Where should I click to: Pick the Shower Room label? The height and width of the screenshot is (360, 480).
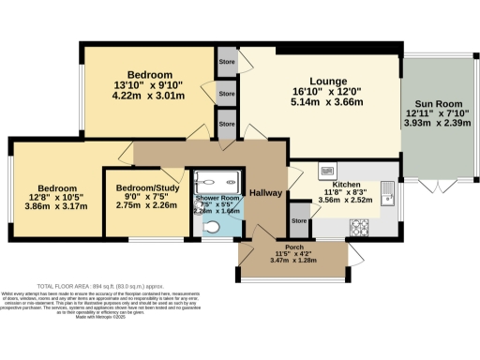(218, 201)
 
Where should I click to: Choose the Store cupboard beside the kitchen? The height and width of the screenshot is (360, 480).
(299, 221)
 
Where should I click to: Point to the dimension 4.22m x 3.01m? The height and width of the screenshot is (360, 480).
(150, 95)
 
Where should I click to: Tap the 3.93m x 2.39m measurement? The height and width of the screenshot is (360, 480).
(436, 123)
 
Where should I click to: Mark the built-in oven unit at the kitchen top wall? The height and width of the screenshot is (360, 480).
(329, 172)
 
